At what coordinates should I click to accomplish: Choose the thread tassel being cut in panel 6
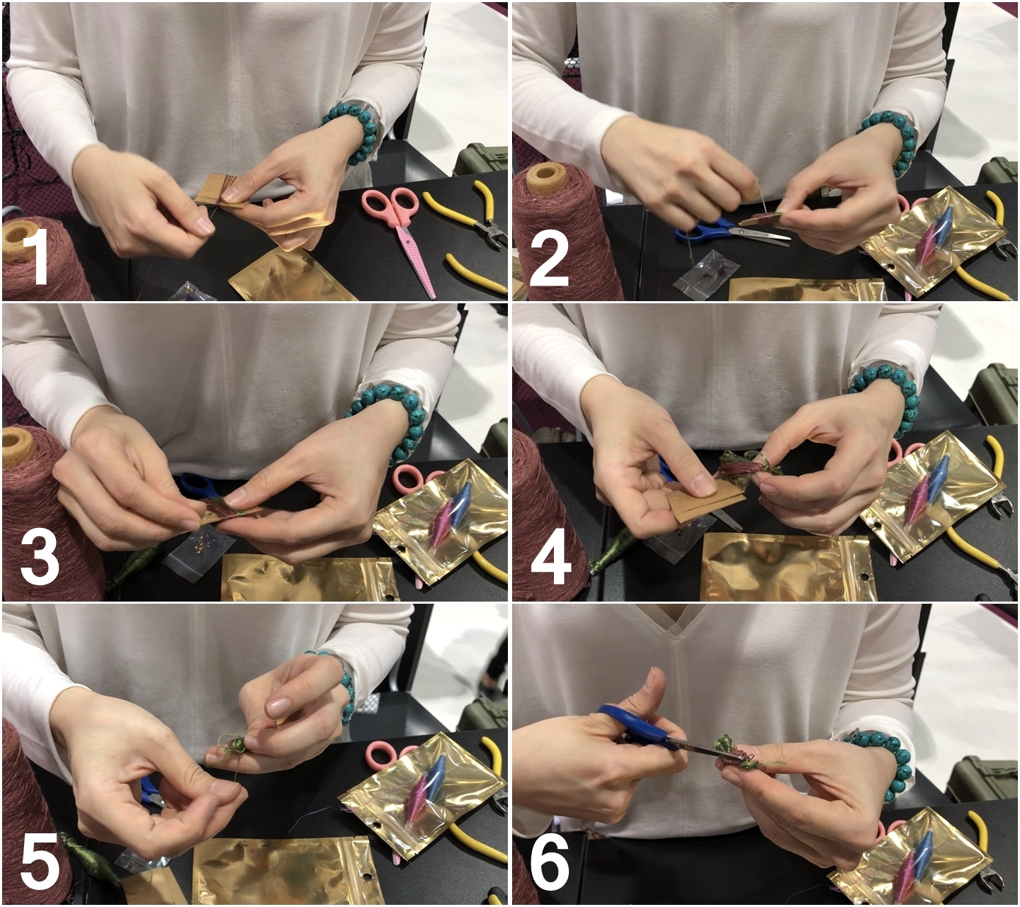pos(740,751)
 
